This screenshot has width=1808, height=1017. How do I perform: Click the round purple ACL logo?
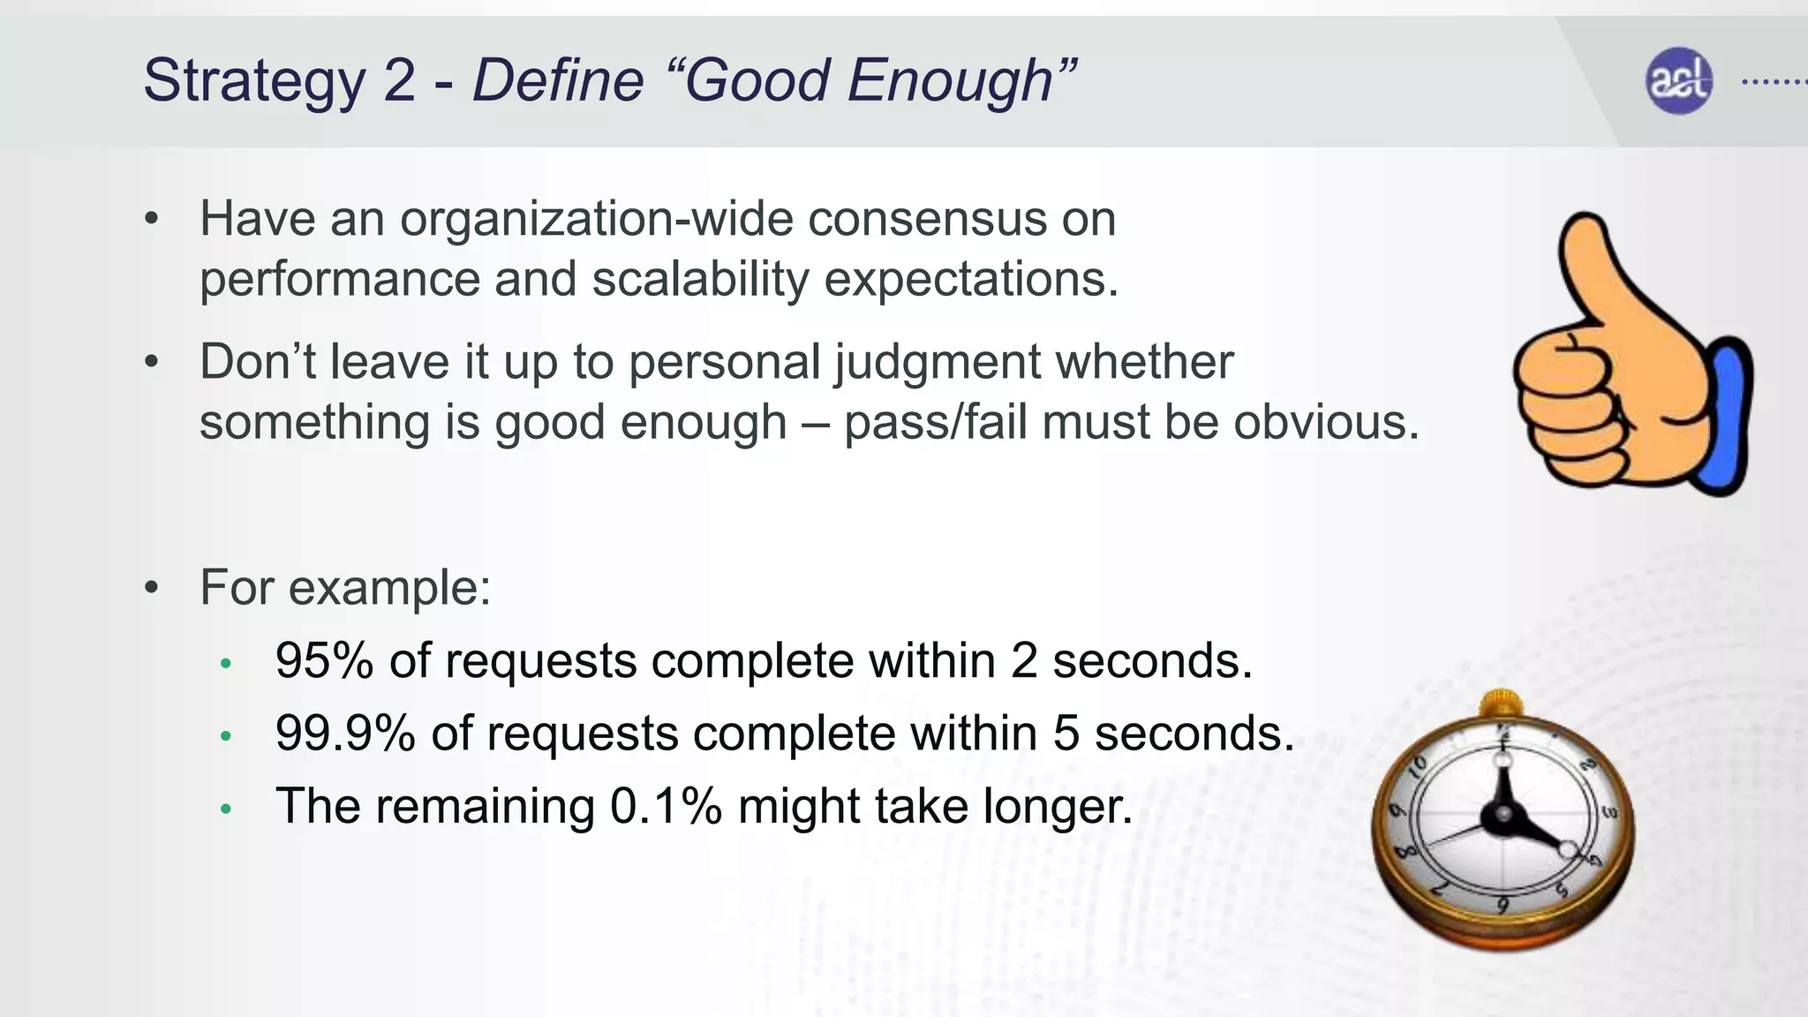point(1679,80)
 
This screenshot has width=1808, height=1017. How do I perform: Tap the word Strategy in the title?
point(253,81)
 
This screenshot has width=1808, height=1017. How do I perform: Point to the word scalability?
point(700,280)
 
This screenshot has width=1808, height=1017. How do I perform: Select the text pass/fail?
point(935,422)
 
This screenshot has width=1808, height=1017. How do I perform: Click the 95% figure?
point(324,660)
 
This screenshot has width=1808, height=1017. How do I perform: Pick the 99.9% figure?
point(345,733)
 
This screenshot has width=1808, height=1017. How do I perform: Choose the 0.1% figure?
point(666,806)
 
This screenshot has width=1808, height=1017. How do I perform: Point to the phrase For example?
point(345,588)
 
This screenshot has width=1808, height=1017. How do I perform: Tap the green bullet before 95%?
point(226,663)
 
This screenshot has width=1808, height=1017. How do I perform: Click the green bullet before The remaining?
point(226,808)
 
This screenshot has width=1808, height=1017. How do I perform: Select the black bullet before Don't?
point(152,362)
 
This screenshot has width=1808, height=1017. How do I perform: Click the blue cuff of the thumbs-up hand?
point(1731,415)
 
